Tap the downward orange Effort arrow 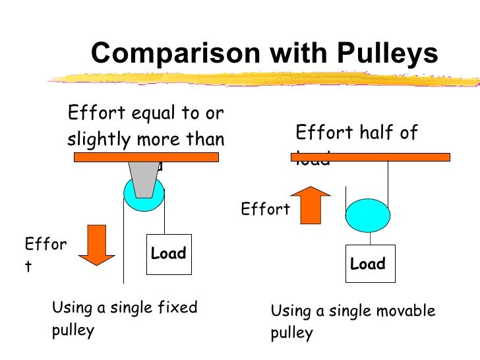(97, 244)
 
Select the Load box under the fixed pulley (168, 254)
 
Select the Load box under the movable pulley (367, 264)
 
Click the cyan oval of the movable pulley (368, 214)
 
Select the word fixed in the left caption (180, 307)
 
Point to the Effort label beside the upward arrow (265, 210)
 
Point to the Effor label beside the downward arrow (45, 245)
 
